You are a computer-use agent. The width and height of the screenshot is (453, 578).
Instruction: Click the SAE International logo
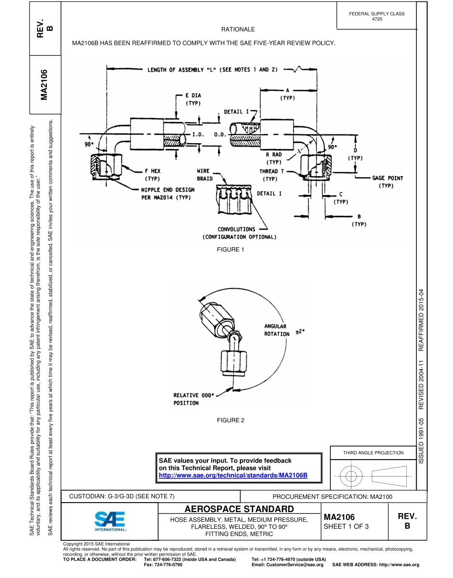click(x=110, y=521)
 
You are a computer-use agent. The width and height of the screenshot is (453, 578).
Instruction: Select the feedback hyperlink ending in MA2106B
click(x=233, y=475)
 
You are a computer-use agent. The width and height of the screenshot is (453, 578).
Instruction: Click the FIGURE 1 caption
click(x=230, y=250)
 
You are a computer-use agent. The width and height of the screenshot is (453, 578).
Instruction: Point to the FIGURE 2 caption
click(x=230, y=420)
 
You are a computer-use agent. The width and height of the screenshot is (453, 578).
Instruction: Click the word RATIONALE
click(x=238, y=30)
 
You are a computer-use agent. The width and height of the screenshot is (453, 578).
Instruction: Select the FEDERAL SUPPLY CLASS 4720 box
click(x=376, y=16)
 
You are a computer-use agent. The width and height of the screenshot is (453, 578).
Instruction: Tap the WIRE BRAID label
click(x=206, y=175)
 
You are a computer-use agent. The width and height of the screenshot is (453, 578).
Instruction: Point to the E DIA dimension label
click(x=193, y=99)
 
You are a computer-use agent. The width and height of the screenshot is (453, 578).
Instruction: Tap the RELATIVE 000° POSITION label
click(x=194, y=399)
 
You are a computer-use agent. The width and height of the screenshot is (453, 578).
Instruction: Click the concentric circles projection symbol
click(x=351, y=475)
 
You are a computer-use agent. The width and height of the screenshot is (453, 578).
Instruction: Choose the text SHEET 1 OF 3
click(x=346, y=526)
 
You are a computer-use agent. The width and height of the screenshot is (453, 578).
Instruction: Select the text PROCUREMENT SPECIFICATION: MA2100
click(x=332, y=496)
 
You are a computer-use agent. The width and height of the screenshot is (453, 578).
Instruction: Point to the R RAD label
click(x=274, y=158)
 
